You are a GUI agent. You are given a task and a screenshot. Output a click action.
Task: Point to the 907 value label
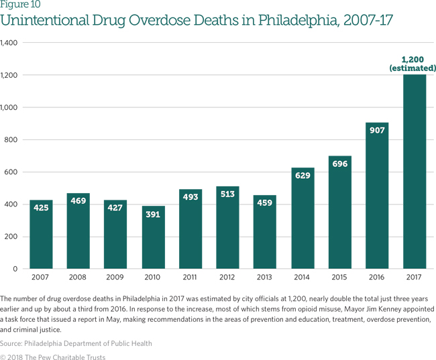(x=377, y=130)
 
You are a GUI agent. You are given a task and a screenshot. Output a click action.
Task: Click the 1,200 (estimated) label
(x=413, y=64)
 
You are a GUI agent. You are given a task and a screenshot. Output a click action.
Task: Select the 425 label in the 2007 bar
(x=41, y=208)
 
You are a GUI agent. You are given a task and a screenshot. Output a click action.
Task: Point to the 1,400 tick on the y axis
(x=9, y=43)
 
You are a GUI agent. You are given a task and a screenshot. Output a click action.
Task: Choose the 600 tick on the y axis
(x=11, y=172)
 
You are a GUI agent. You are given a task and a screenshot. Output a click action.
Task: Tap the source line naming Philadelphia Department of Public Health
(x=76, y=344)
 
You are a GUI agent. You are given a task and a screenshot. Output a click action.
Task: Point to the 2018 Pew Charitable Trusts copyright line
(x=53, y=357)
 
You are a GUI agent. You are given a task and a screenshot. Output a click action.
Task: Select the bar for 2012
(x=227, y=228)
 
